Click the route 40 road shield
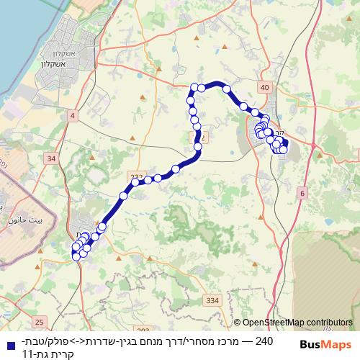click(264, 87)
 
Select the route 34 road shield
click(50, 158)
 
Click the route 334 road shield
click(212, 300)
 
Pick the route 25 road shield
click(39, 321)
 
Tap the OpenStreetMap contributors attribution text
click(297, 323)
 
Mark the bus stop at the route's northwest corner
click(194, 87)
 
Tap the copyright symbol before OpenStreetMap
click(237, 323)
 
